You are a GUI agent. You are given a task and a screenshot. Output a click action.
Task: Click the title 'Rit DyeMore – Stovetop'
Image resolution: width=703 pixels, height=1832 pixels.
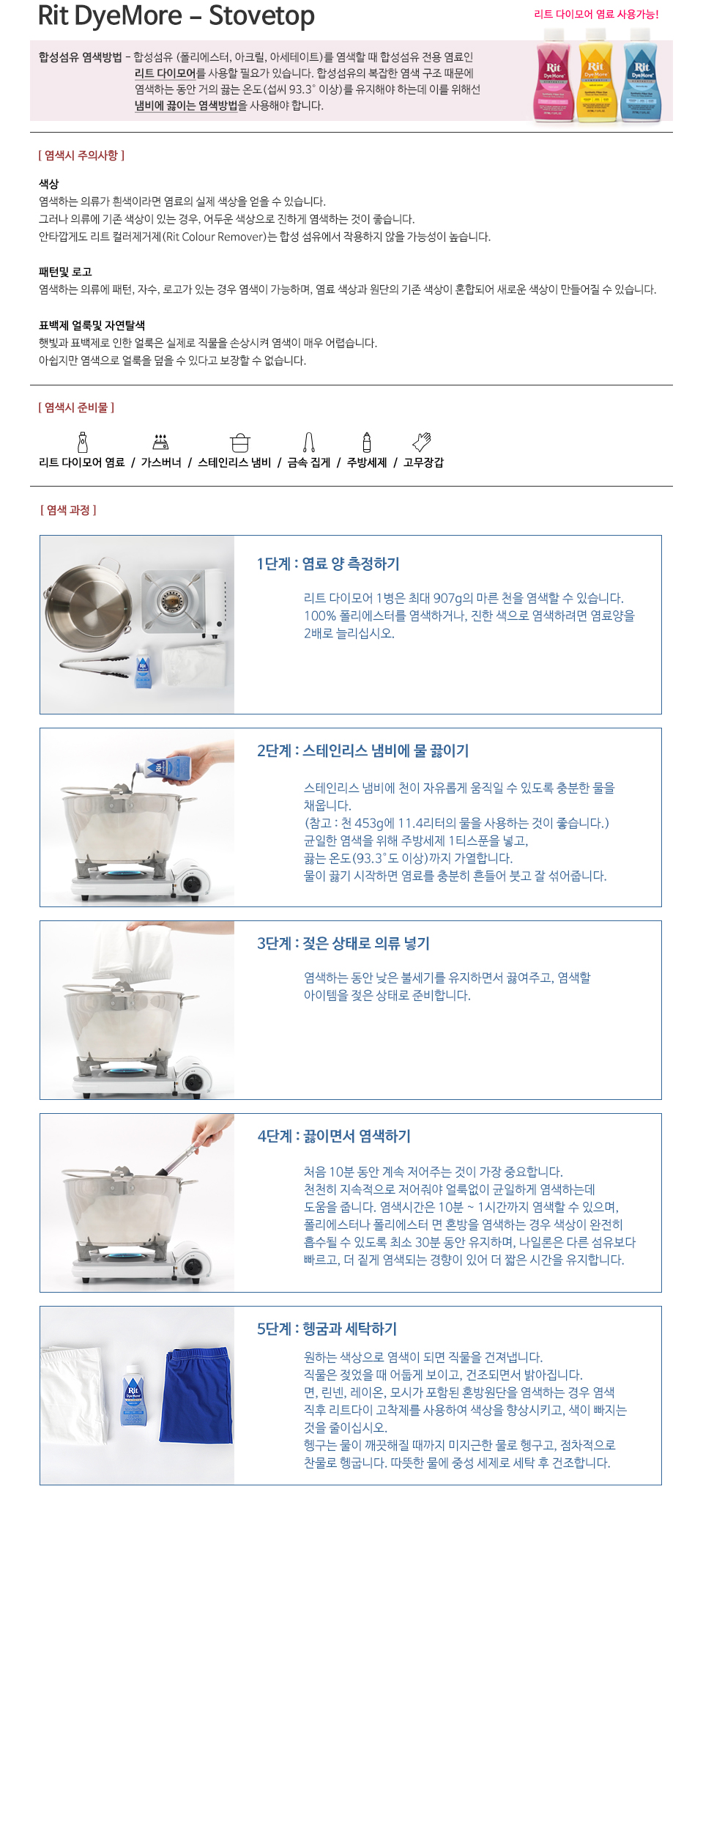pos(176,15)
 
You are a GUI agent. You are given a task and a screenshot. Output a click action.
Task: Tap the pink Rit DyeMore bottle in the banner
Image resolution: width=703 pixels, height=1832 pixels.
pos(554,75)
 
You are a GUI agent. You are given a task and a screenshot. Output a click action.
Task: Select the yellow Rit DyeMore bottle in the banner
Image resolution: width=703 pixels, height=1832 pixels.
pos(596,75)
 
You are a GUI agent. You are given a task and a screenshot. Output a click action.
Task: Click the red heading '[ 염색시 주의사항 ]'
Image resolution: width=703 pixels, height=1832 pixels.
pos(81,155)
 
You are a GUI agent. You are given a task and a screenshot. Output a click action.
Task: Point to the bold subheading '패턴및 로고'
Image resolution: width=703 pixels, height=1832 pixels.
pos(65,272)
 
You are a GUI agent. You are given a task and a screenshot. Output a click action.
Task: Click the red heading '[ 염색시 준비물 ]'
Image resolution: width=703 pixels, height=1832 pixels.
pos(76,407)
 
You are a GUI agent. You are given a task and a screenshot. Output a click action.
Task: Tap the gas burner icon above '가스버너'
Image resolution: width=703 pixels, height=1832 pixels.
pos(161,442)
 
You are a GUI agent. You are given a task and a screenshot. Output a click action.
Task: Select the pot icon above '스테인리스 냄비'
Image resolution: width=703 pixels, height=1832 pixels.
pos(240,443)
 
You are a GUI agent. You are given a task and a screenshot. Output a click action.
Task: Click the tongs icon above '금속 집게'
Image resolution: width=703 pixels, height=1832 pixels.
pos(309,442)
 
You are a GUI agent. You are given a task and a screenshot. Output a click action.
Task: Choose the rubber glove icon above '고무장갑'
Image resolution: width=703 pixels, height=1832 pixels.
pos(422,442)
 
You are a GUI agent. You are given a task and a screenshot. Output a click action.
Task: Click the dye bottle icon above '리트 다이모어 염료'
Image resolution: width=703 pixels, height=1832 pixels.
pos(83,442)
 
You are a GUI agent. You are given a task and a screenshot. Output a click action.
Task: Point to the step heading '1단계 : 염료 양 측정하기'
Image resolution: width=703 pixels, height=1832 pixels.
pos(328,564)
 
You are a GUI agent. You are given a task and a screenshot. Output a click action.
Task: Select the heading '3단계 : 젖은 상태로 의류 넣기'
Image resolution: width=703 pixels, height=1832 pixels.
pos(343,943)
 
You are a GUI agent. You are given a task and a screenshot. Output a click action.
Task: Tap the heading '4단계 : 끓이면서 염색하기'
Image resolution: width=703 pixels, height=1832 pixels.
pos(334,1136)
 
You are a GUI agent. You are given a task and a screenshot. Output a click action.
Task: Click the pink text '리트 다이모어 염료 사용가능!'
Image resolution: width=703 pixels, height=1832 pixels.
pos(596,14)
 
